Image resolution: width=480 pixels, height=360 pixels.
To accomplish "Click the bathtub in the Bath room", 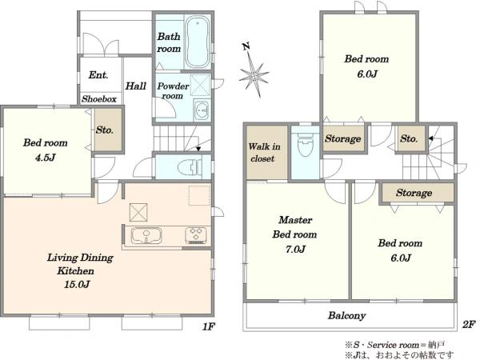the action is (198, 42).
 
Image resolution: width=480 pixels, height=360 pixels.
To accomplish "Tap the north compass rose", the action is (254, 74).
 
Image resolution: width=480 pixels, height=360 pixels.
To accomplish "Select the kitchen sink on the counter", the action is (146, 235).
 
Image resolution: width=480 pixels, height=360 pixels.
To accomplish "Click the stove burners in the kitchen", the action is (196, 235).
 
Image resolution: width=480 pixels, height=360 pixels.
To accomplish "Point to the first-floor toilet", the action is (190, 167).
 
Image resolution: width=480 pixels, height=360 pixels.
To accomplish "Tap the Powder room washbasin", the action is (202, 110).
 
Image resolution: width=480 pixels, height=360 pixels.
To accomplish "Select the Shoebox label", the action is (99, 99).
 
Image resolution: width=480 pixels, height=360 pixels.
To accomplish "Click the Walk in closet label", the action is (264, 152).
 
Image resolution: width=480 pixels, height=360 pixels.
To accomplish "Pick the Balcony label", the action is (347, 315).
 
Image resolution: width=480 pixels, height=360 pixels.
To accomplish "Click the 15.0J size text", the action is (77, 284).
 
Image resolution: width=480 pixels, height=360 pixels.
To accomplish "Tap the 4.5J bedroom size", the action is (46, 158).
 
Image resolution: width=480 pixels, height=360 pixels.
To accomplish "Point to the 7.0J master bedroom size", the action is (295, 249).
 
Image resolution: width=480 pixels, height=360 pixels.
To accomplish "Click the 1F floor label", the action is (209, 326).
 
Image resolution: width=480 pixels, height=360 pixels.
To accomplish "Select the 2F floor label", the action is (469, 325).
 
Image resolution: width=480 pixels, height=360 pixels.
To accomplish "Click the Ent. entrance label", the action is (98, 74).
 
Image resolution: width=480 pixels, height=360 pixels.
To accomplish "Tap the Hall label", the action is (136, 86).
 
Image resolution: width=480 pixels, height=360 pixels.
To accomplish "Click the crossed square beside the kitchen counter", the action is (138, 212).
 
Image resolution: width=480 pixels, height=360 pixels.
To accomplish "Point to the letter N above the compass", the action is (246, 46).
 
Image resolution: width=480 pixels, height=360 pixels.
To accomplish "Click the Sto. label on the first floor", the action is (104, 130).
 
